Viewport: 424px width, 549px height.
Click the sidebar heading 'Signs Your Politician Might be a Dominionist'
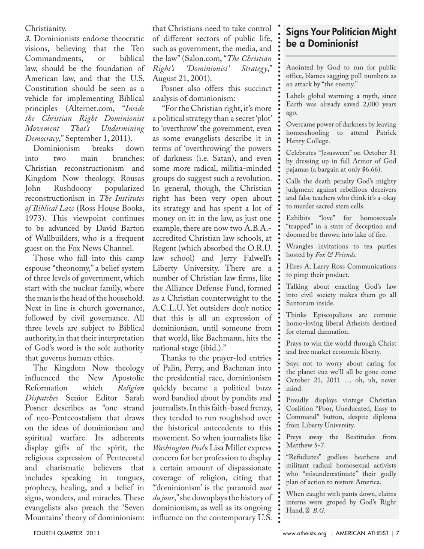341,38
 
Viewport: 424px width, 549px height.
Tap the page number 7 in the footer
397,534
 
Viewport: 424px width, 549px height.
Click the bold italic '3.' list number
28,39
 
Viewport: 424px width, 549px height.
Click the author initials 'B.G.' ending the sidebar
319,510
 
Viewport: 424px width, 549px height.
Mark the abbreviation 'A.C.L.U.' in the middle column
168,308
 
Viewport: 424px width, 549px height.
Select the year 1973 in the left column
35,218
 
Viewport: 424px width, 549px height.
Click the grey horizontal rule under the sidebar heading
341,56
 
